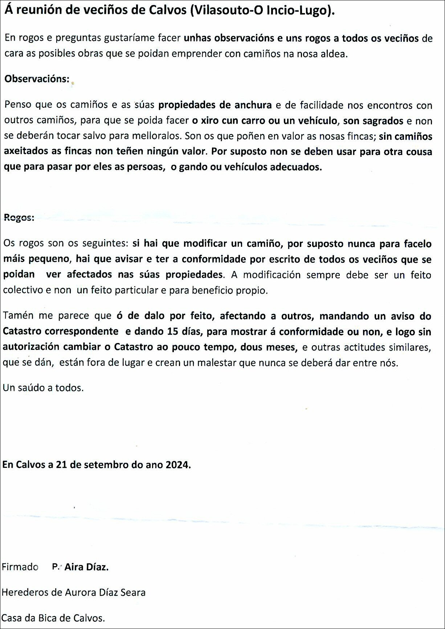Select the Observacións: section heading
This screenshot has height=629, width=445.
coord(37,79)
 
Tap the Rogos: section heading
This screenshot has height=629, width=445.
coord(19,217)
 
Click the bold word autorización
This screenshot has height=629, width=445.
coord(31,347)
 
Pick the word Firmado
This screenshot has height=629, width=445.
coord(20,567)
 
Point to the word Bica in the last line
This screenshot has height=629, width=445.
coord(50,618)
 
